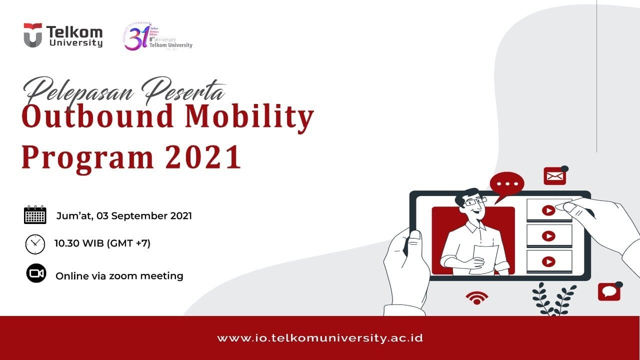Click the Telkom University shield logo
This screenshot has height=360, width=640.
click(x=33, y=35)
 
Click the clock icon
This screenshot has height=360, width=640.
click(x=35, y=244)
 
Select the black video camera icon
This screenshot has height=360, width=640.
click(x=36, y=273)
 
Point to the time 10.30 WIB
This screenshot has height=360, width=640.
click(x=78, y=243)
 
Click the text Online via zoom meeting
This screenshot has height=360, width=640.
click(x=119, y=275)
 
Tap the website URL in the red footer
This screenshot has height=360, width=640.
click(x=320, y=338)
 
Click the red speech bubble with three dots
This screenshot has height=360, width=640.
click(x=507, y=183)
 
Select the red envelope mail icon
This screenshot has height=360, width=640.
click(x=554, y=176)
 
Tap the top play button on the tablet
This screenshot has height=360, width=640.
click(x=548, y=210)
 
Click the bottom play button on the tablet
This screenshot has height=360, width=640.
click(x=548, y=261)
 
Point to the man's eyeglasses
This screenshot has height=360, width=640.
click(x=474, y=201)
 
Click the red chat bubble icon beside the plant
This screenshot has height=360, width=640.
click(x=609, y=291)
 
